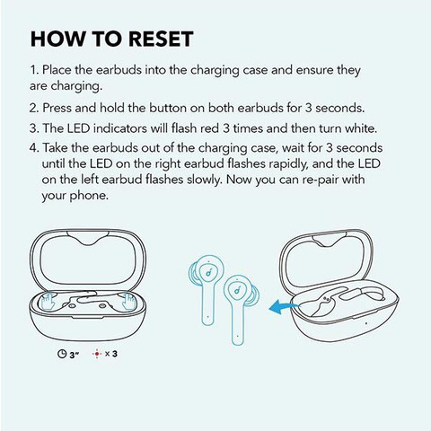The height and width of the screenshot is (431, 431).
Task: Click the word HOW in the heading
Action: (x=56, y=39)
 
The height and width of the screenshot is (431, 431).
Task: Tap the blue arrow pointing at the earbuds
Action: (x=283, y=308)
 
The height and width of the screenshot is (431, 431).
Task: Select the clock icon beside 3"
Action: (x=62, y=354)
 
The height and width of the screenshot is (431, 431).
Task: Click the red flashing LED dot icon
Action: (x=97, y=354)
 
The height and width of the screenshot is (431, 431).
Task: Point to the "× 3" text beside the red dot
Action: (x=111, y=354)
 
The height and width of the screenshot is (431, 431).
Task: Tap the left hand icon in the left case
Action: (x=48, y=302)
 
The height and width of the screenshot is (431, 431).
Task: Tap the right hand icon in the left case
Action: (x=128, y=302)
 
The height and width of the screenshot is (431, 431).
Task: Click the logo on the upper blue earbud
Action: (x=208, y=272)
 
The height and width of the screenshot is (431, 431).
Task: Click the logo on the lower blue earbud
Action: (x=238, y=290)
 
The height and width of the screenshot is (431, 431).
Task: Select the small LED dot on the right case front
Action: (x=365, y=323)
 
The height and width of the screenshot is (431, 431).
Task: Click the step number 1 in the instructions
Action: (x=34, y=70)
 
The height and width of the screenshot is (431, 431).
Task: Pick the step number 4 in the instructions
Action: (x=34, y=148)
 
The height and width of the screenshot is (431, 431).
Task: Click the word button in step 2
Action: (x=168, y=108)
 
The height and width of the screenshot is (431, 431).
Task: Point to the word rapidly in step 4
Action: (x=288, y=164)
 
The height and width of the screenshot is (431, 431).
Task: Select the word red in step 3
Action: (x=210, y=128)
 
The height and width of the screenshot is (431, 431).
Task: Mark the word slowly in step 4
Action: (x=205, y=180)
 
